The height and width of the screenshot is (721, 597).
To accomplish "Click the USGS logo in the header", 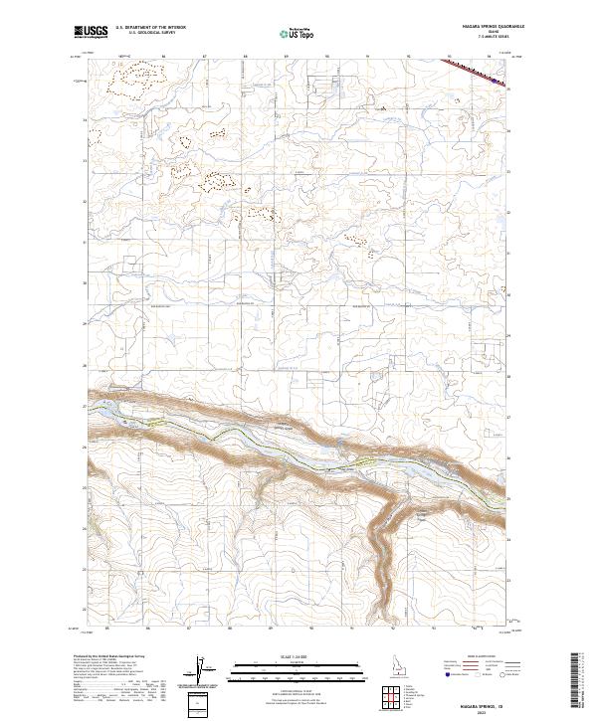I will pyautogui.click(x=90, y=32).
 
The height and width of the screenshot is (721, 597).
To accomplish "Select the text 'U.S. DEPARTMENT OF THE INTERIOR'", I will pyautogui.click(x=149, y=28).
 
